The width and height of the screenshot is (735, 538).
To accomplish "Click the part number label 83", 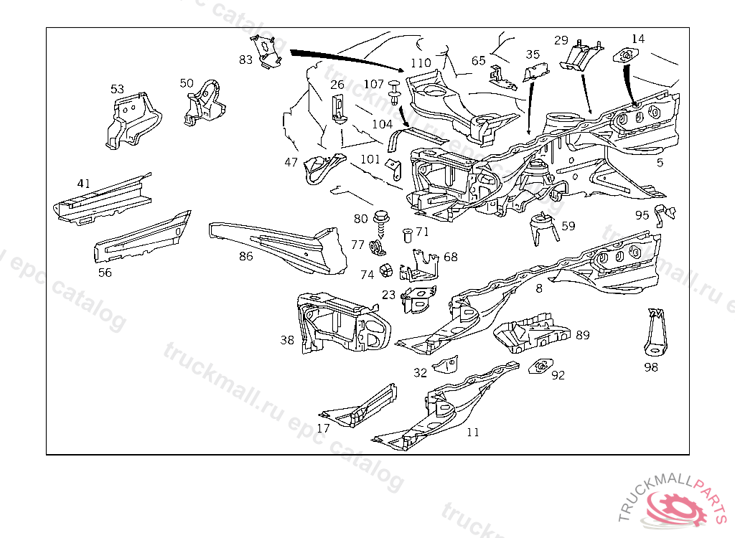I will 246,60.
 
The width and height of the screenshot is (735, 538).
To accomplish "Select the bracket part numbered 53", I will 131,120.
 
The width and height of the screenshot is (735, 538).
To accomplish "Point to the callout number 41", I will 84,184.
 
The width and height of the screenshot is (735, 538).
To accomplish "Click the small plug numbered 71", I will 406,234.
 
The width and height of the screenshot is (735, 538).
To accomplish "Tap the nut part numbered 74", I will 385,270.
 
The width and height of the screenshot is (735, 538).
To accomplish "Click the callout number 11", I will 472,433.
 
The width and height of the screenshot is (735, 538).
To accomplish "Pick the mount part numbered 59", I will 543,228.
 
